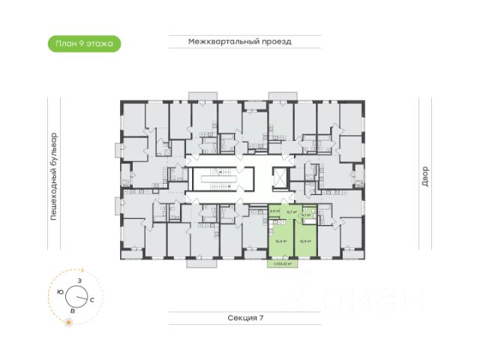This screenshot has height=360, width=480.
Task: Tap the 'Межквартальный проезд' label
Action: click(240, 42)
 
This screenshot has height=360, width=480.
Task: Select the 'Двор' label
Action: click(424, 177)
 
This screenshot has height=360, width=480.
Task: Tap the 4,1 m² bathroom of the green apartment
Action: click(304, 215)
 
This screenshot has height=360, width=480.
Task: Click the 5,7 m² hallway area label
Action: click(292, 212)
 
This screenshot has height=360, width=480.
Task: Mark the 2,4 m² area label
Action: click(274, 211)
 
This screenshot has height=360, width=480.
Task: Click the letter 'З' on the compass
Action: click(79, 280)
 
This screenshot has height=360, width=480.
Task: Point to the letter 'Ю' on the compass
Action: click(59, 292)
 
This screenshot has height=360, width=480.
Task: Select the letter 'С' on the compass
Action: click(91, 299)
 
